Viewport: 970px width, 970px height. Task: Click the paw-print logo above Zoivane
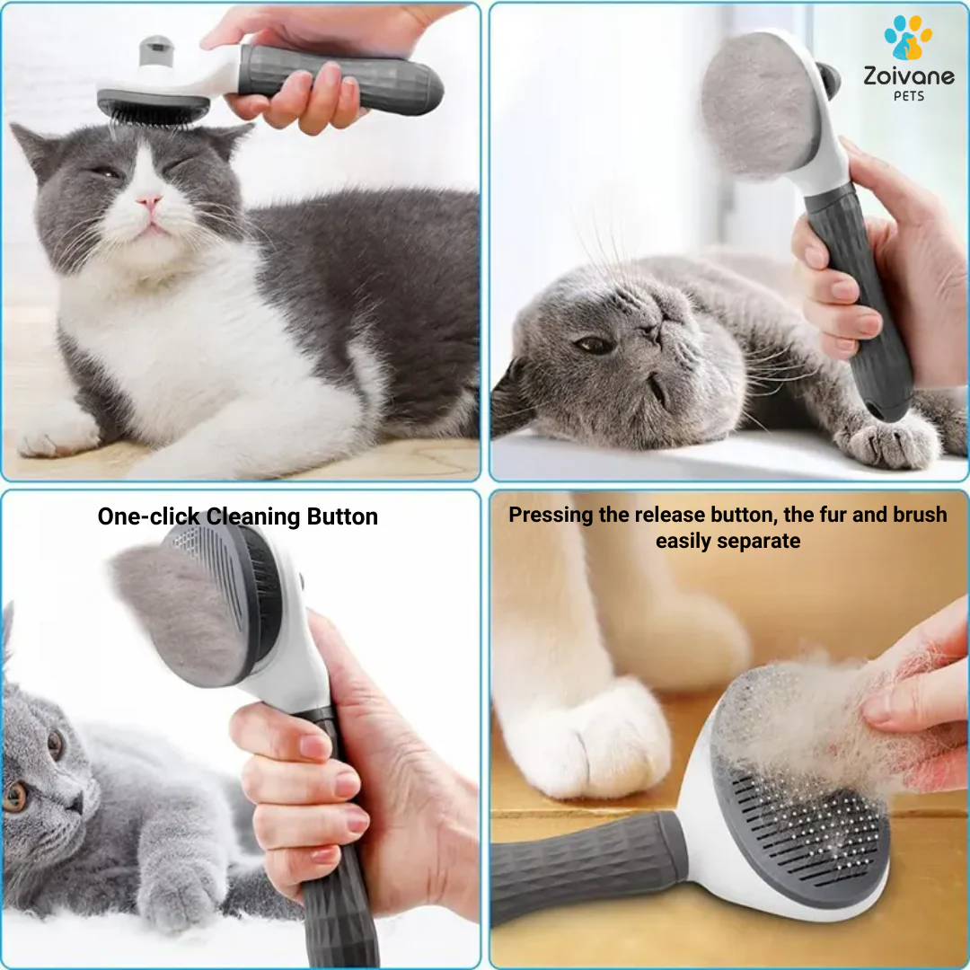pos(907,37)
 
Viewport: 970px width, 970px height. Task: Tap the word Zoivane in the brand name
pos(909,76)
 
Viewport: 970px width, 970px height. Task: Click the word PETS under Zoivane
pos(909,96)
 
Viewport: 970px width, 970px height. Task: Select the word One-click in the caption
pos(148,516)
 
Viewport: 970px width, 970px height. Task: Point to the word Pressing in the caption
pos(551,515)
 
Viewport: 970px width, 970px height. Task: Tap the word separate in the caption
pos(758,542)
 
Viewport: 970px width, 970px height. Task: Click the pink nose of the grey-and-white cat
pos(150,202)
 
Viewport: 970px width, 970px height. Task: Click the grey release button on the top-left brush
pos(156,49)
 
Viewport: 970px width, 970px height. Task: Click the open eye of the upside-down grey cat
pos(593,344)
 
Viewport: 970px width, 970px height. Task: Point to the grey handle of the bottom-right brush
pos(587,863)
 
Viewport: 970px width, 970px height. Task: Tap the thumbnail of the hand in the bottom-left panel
pos(315,746)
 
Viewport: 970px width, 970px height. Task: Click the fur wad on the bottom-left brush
pos(180,613)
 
